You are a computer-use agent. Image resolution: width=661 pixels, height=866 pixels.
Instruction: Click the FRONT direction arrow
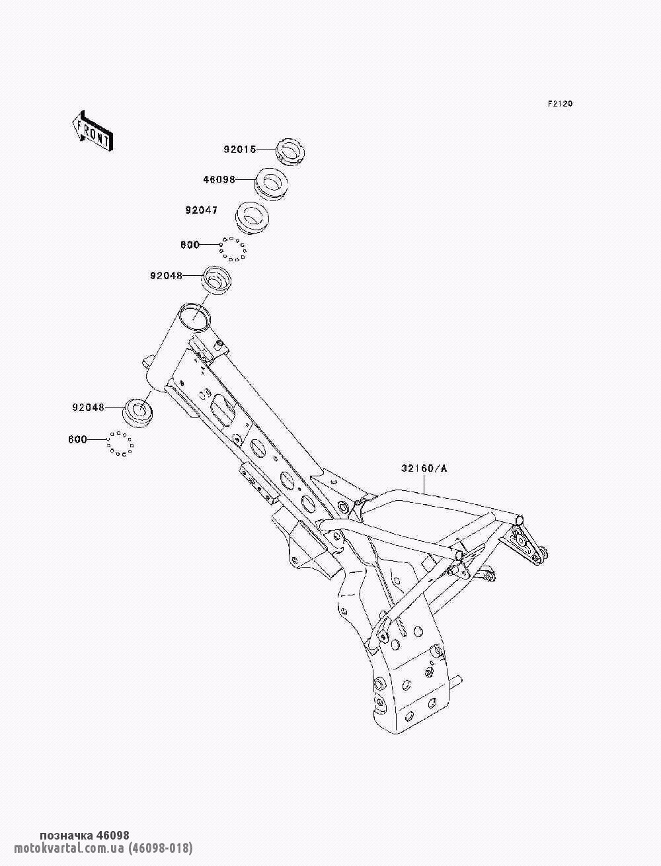pos(92,132)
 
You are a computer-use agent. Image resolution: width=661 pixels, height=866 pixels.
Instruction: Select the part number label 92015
pos(239,150)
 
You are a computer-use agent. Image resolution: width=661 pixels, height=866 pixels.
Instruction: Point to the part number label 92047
pos(202,211)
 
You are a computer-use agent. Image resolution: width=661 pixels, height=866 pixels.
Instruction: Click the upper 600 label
pos(190,245)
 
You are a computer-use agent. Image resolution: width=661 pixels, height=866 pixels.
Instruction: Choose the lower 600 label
pos(77,439)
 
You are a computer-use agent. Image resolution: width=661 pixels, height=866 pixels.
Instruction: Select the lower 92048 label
pos(89,408)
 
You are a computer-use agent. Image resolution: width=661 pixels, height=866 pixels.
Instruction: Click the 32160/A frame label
pos(424,469)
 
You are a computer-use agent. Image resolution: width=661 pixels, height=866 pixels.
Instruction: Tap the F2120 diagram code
pos(559,104)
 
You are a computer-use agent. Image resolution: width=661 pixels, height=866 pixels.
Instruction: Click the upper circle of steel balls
pos(233,249)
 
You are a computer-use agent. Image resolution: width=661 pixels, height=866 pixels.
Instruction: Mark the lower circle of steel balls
pos(120,443)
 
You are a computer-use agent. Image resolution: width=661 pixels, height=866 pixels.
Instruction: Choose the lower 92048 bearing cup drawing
pos(139,413)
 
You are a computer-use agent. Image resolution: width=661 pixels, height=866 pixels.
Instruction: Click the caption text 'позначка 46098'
pos(85,836)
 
